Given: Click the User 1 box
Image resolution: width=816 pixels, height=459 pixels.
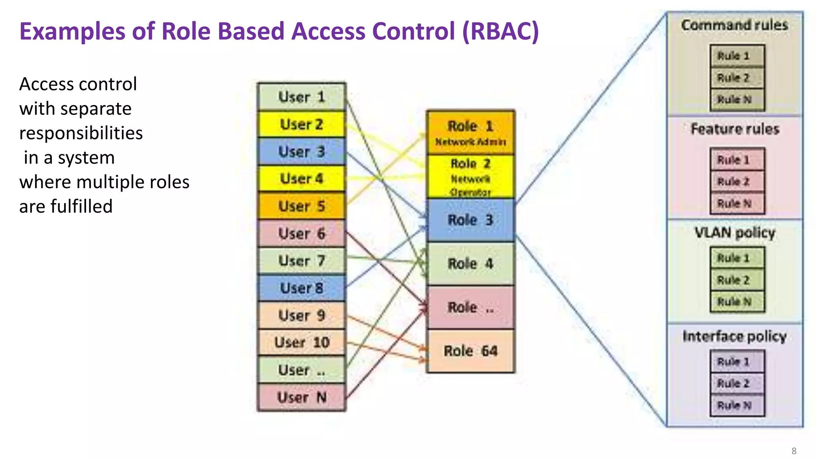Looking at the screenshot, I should (x=302, y=97).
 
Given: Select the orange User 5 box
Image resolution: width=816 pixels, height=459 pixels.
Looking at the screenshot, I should (x=302, y=206).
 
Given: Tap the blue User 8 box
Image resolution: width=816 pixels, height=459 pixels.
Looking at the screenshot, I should (x=302, y=288).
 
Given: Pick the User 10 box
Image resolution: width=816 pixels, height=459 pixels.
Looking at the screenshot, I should (x=302, y=342).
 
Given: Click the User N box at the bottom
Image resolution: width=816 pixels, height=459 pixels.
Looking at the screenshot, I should (x=302, y=397).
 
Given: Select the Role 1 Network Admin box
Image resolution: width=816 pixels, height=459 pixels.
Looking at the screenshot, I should (x=471, y=133).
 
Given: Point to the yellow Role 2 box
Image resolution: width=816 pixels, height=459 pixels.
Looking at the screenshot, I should (x=471, y=177).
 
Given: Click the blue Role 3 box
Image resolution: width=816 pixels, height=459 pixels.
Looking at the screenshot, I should (x=471, y=220).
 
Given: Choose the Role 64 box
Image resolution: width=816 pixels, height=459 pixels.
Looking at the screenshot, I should (x=471, y=351).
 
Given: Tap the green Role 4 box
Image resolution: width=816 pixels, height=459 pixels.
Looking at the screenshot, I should (x=471, y=263).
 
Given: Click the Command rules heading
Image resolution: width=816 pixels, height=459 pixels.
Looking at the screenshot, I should (x=734, y=25).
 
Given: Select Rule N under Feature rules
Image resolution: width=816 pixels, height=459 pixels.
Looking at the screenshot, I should (x=737, y=204).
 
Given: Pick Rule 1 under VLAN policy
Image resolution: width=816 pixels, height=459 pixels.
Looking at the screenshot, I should (x=737, y=258).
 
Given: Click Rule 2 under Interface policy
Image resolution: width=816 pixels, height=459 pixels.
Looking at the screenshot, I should (x=737, y=383).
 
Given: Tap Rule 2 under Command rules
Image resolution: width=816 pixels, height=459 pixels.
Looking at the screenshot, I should (x=737, y=78).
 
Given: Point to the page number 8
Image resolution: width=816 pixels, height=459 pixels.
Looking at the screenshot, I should (x=794, y=451).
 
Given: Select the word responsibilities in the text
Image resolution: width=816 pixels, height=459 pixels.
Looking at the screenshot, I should (x=81, y=133).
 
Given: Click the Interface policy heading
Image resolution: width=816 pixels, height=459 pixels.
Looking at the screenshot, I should (x=734, y=336).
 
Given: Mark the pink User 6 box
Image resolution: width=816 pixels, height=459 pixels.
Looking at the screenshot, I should (x=302, y=233).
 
